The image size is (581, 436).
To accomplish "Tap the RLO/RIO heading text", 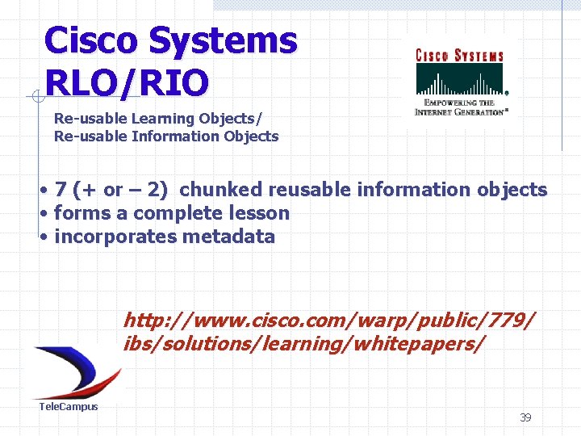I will tap(127, 82).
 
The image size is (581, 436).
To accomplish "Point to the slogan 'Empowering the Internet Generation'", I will tap(459, 107).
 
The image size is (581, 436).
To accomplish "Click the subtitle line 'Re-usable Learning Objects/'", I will tap(157, 119).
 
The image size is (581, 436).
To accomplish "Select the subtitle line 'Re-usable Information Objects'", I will tap(165, 136).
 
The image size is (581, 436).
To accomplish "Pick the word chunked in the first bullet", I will tap(220, 191).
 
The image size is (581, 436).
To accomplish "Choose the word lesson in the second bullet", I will tap(260, 214).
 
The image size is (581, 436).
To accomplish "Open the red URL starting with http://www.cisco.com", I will tap(328, 321).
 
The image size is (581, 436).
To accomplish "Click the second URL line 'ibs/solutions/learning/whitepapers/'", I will tap(304, 345).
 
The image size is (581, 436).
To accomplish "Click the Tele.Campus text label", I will tap(69, 407).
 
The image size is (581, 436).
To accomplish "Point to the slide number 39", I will tap(525, 417).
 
